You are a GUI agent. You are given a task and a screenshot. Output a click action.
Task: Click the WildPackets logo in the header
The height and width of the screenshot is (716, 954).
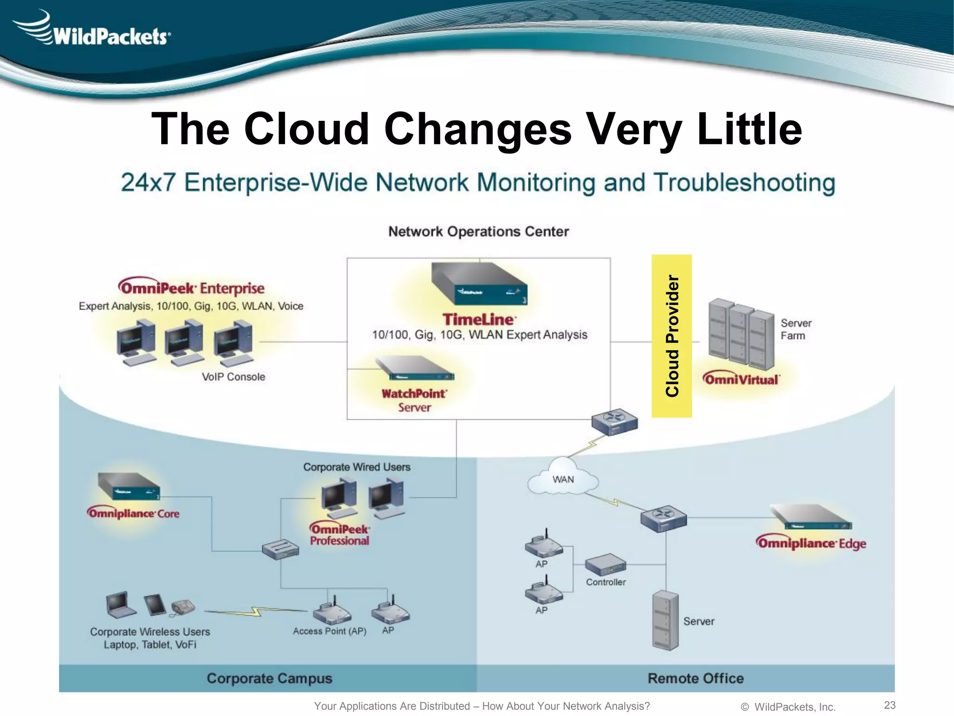(x=93, y=30)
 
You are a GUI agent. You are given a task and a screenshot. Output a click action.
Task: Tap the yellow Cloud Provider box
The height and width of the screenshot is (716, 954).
(x=671, y=336)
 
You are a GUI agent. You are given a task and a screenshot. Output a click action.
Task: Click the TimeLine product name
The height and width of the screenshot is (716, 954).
(x=478, y=319)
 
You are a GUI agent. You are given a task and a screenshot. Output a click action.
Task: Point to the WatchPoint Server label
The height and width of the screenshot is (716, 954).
(x=414, y=400)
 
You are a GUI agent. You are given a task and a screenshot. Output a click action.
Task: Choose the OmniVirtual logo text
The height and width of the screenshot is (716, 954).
(x=741, y=379)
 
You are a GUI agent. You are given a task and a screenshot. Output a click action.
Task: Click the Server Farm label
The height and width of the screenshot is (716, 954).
(x=796, y=329)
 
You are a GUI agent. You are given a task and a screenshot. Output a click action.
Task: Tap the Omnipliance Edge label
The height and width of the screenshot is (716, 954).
(x=811, y=543)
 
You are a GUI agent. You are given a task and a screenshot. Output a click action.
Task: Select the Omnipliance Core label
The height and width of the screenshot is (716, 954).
(x=133, y=513)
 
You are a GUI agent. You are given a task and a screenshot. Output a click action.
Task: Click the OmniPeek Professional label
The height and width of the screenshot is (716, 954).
(x=340, y=535)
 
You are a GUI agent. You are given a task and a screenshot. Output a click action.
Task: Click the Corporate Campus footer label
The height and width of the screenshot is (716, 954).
(x=269, y=678)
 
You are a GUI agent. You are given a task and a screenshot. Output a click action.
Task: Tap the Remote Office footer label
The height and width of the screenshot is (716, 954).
(x=695, y=678)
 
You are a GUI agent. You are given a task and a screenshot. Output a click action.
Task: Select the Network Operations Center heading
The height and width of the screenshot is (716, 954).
(x=478, y=231)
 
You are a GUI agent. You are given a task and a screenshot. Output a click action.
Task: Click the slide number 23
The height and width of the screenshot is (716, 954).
(x=890, y=705)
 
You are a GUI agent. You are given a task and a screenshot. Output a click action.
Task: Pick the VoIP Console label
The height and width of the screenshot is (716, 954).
(x=233, y=377)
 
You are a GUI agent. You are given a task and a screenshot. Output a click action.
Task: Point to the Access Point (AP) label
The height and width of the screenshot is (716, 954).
(x=329, y=631)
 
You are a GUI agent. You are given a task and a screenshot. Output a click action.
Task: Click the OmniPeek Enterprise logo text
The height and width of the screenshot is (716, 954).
(x=191, y=288)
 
